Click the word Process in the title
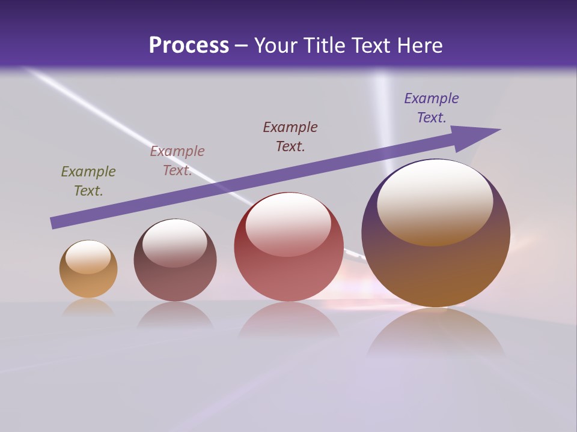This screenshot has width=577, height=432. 189,46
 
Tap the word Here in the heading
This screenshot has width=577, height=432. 418,46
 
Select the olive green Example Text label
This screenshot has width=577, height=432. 88,181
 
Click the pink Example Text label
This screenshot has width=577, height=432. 177,161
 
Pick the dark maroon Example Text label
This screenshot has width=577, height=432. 290,137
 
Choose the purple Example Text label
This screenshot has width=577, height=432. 432,108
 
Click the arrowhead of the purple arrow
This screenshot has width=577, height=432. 475,136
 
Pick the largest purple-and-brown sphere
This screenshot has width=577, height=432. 436,270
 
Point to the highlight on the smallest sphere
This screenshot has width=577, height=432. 88,256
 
